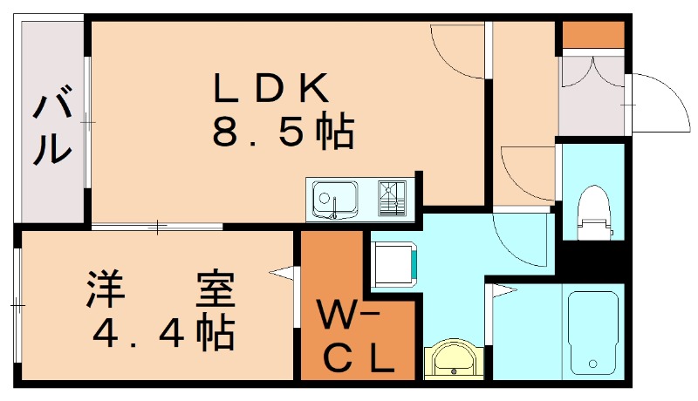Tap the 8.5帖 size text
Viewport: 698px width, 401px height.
pyautogui.click(x=281, y=132)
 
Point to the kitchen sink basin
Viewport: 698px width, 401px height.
pyautogui.click(x=333, y=199)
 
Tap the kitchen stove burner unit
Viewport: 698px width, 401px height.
pyautogui.click(x=393, y=199)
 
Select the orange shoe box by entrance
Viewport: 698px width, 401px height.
pyautogui.click(x=592, y=34)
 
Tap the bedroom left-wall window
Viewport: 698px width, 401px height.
pyautogui.click(x=17, y=305)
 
